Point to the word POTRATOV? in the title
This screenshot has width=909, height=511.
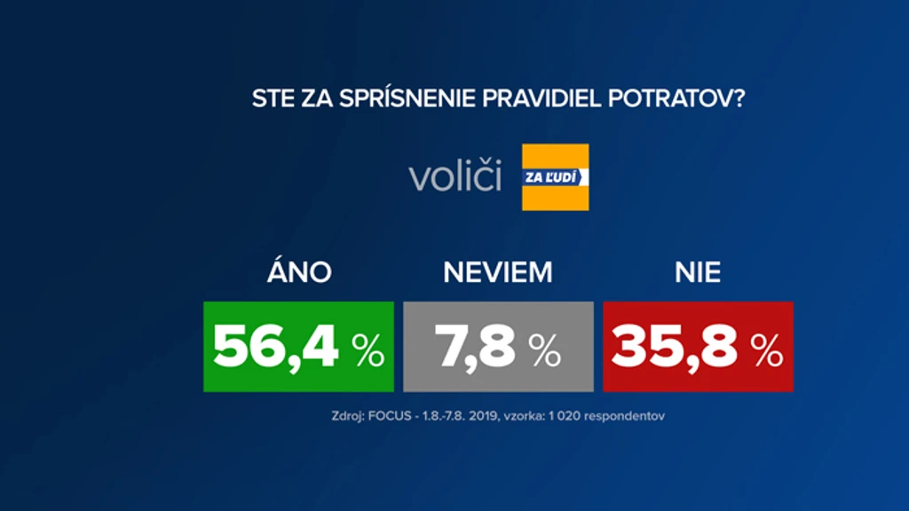(x=676, y=98)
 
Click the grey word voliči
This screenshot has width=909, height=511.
(x=455, y=175)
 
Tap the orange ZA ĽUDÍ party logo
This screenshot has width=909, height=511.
(x=556, y=177)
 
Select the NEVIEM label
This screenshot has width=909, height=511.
(x=498, y=272)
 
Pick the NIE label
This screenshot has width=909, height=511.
(x=698, y=272)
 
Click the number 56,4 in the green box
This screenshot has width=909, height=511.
(x=275, y=348)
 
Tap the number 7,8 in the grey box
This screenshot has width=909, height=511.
(x=475, y=348)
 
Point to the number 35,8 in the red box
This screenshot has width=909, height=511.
(x=675, y=348)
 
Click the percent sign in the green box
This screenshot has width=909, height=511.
(x=368, y=350)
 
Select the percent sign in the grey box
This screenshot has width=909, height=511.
(x=544, y=350)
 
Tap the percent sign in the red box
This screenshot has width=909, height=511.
(x=766, y=350)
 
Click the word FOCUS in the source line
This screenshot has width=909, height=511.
(x=390, y=416)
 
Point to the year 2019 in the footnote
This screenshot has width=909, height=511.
(x=484, y=416)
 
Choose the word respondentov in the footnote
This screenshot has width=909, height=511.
(x=624, y=417)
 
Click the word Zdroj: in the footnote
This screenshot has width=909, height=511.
(x=348, y=417)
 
